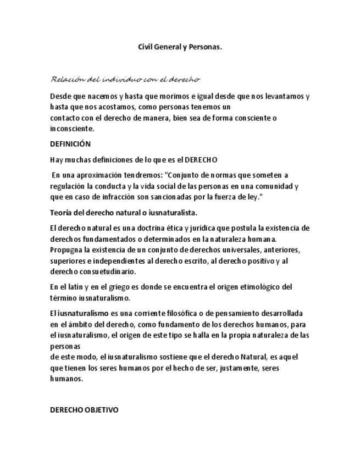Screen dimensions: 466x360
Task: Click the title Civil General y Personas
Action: [x=180, y=47]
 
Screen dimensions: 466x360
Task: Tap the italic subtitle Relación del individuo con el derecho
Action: [x=125, y=79]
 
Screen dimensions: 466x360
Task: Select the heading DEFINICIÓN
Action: [x=70, y=144]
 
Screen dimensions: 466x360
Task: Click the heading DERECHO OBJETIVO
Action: [x=84, y=410]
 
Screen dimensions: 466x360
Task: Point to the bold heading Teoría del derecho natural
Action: [x=124, y=213]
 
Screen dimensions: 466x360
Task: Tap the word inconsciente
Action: [x=72, y=129]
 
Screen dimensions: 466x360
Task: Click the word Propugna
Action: [x=67, y=249]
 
